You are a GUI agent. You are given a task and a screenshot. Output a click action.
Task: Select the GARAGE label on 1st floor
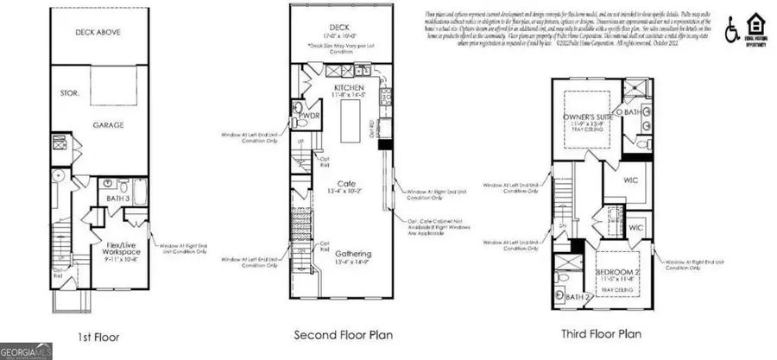pyautogui.click(x=109, y=125)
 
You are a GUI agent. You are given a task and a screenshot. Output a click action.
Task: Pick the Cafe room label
pyautogui.click(x=348, y=183)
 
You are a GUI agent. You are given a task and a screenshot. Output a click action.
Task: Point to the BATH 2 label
pyautogui.click(x=578, y=299)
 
